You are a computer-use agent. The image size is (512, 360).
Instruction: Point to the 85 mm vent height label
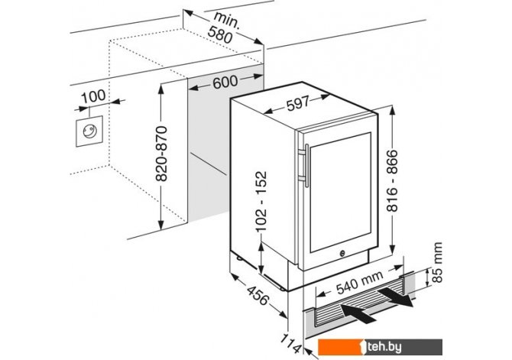(436, 264)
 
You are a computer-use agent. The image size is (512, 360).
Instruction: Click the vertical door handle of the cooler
(305, 164)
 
